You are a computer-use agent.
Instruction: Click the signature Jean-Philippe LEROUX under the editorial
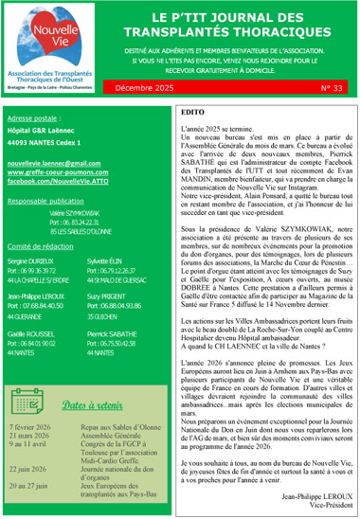tap(308, 493)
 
